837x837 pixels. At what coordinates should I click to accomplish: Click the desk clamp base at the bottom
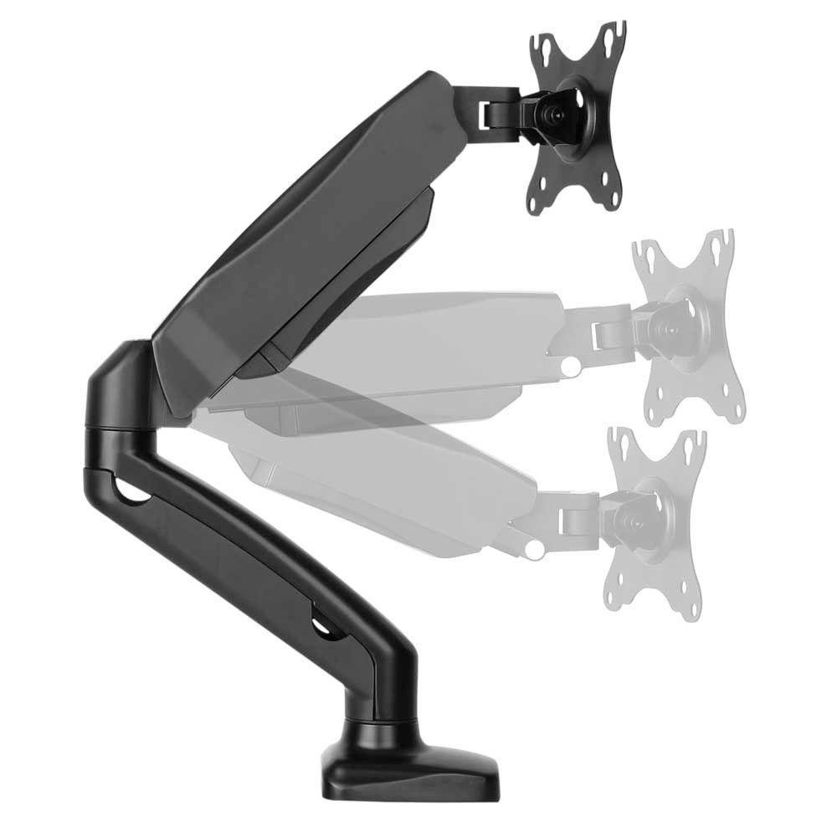(409, 762)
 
